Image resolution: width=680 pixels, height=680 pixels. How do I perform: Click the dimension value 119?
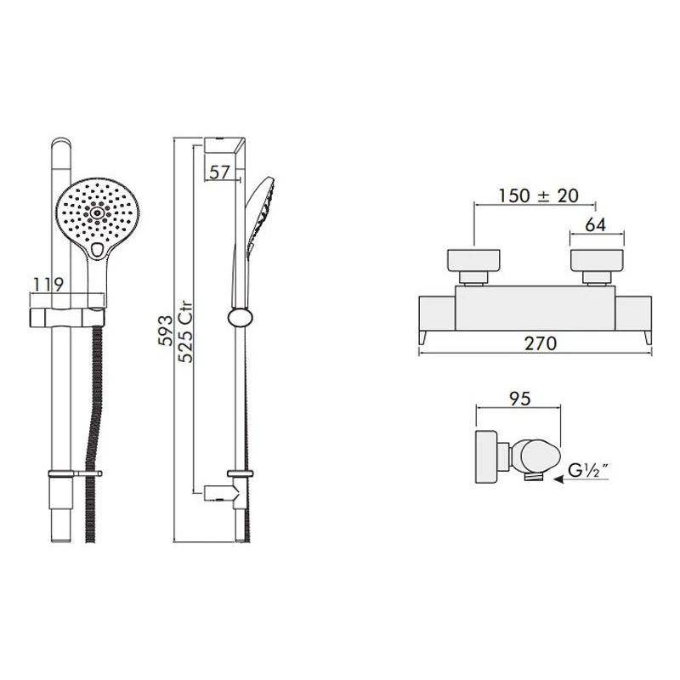[x=46, y=283]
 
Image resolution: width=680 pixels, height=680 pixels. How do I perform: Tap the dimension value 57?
[x=220, y=172]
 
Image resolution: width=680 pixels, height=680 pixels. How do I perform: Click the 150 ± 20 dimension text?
[x=539, y=195]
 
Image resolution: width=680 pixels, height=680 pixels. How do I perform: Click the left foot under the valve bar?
[x=422, y=338]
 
